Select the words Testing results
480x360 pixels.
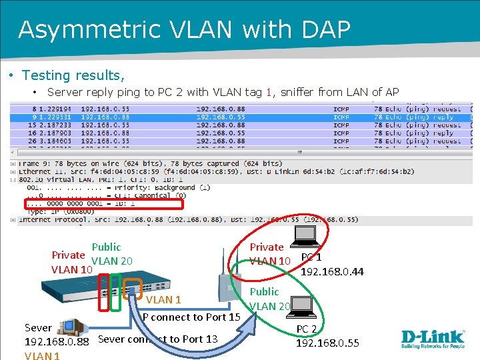click(73, 75)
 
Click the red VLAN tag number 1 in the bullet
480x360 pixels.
click(269, 93)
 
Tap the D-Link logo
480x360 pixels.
click(433, 339)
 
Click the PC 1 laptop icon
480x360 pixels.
click(306, 235)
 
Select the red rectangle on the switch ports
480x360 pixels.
click(103, 293)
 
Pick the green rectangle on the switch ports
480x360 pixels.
click(116, 293)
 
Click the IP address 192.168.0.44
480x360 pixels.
click(332, 271)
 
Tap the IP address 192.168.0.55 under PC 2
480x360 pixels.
click(327, 343)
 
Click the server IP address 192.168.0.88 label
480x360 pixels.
click(56, 342)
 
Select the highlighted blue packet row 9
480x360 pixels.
click(240, 117)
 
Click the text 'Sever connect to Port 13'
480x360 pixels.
click(158, 339)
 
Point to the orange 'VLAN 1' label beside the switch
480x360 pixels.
click(163, 301)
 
